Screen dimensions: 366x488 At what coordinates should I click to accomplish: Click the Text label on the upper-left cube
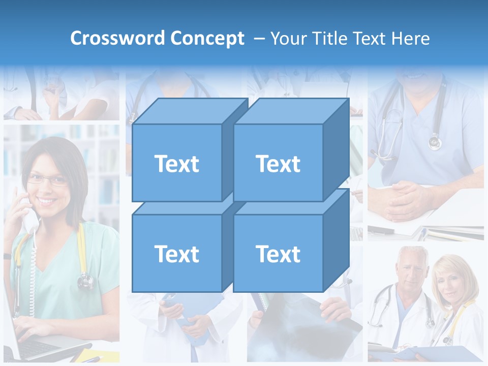[176, 164]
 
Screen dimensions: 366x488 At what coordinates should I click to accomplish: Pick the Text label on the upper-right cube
[278, 164]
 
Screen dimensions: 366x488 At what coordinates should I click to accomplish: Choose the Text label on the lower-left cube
[176, 254]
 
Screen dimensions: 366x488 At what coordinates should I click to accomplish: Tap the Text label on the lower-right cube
[278, 254]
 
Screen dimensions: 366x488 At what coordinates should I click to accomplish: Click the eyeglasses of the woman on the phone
[47, 179]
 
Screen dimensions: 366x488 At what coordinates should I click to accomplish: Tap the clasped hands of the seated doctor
[407, 198]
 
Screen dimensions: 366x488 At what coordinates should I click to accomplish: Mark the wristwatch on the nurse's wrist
[7, 256]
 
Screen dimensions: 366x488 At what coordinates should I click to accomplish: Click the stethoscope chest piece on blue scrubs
[435, 142]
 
